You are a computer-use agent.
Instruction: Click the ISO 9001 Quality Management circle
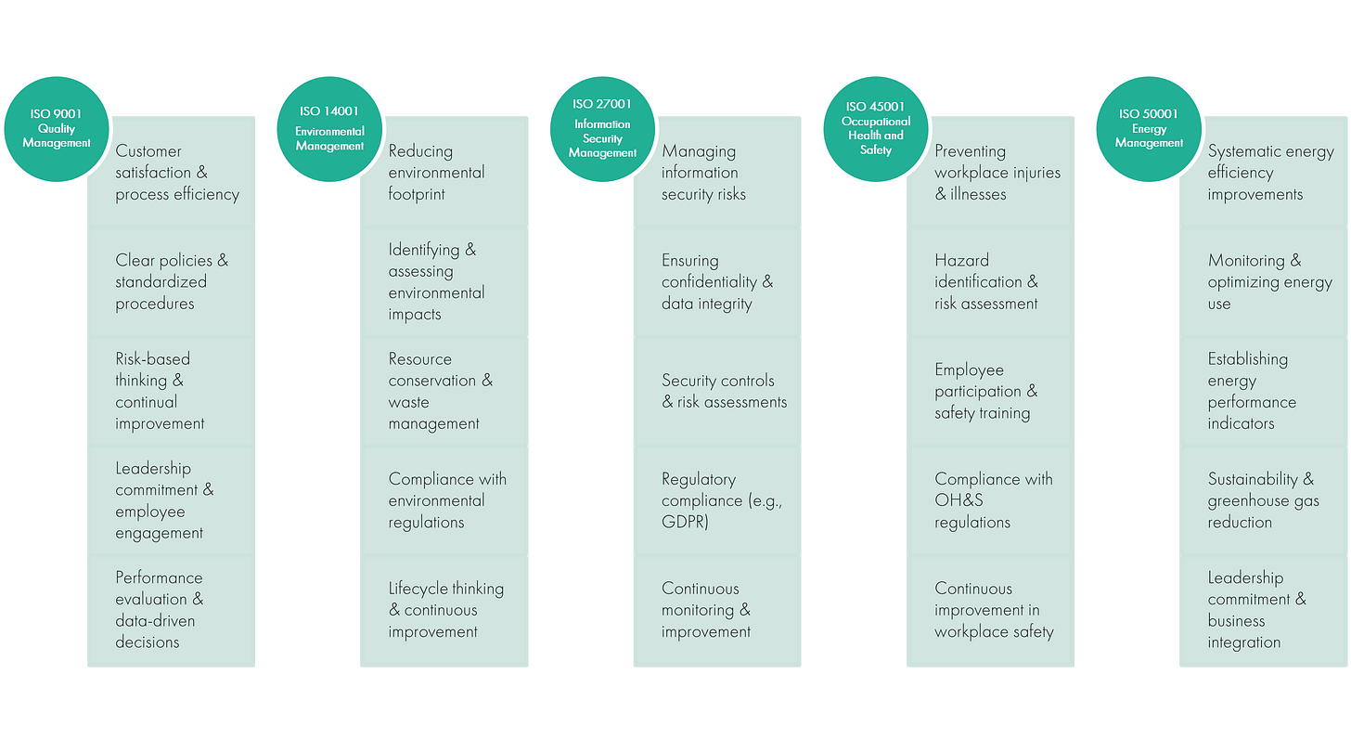click(x=58, y=129)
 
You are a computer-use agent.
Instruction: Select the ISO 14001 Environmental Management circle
click(x=330, y=129)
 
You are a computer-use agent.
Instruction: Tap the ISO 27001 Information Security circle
click(x=602, y=129)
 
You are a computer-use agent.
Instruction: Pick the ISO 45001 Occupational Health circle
click(x=875, y=129)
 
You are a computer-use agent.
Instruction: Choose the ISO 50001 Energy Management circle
click(x=1149, y=129)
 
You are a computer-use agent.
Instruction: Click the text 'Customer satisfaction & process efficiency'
click(x=176, y=173)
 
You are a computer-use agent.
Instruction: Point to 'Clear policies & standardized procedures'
click(x=171, y=282)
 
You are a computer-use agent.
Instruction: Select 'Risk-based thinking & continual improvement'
click(x=160, y=391)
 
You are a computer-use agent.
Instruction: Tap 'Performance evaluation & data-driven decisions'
click(x=160, y=610)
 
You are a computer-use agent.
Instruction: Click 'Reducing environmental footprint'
click(x=436, y=173)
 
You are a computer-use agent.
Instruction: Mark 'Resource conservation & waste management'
click(x=440, y=391)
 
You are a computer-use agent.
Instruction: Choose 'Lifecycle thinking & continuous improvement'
click(x=445, y=610)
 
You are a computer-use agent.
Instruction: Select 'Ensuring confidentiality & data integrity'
click(x=716, y=282)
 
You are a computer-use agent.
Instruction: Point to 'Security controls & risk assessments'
click(x=724, y=391)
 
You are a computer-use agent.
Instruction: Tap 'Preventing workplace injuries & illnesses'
click(x=997, y=173)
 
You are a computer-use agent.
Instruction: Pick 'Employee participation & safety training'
click(x=985, y=391)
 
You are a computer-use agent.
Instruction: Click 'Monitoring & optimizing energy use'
click(x=1269, y=282)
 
